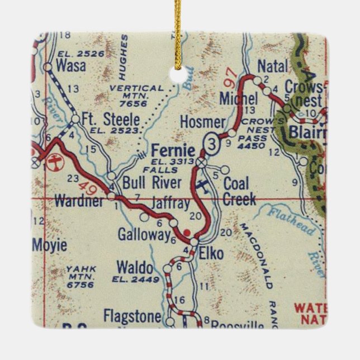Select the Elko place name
(211, 254)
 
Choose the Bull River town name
(152, 182)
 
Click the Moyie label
(49, 245)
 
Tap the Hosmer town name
(203, 122)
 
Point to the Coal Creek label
(239, 191)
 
